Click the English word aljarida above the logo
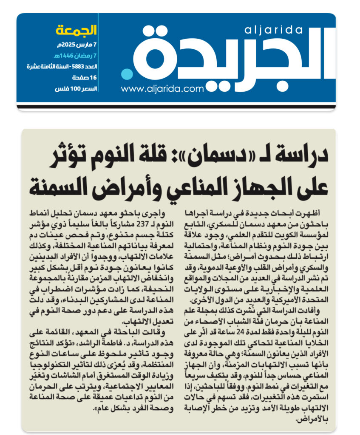pyautogui.click(x=274, y=30)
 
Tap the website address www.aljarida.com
pyautogui.click(x=162, y=89)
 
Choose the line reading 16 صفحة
pyautogui.click(x=85, y=77)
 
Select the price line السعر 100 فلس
pyautogui.click(x=77, y=89)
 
